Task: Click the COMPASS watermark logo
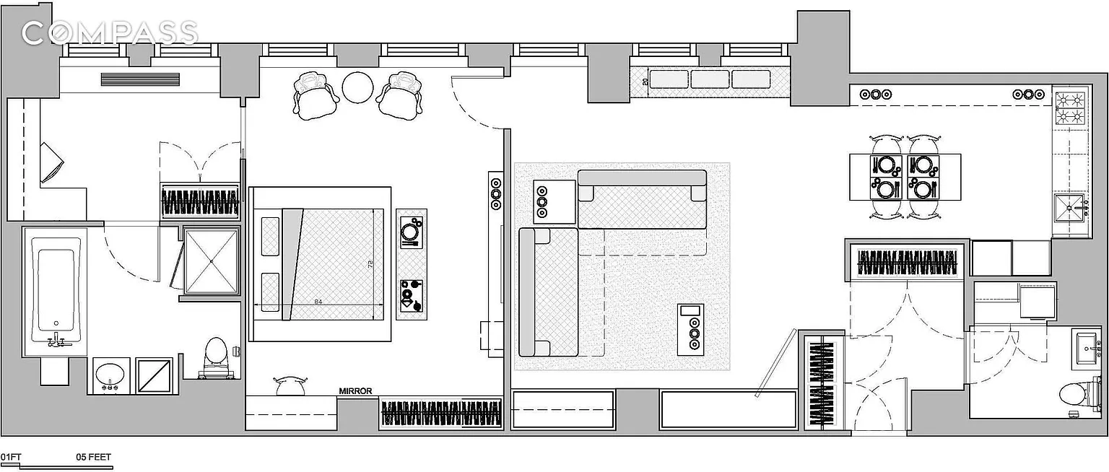110,32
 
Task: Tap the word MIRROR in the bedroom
355,391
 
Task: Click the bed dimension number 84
318,302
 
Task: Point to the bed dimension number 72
371,265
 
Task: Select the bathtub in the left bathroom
55,291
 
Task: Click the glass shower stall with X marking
211,261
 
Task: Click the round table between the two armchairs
357,89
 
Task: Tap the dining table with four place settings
905,177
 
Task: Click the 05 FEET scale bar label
93,457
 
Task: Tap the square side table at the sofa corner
554,201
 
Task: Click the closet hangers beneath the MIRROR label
441,414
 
